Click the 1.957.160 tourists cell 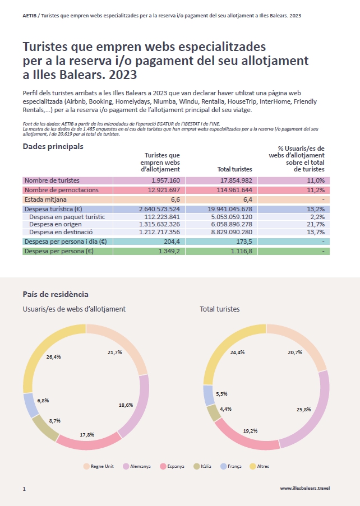tap(149, 180)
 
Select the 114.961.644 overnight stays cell tap(221, 190)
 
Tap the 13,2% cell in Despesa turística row tap(294, 209)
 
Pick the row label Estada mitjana tap(45, 199)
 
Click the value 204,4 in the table tap(172, 242)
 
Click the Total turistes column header tap(235, 169)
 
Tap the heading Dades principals tap(53, 146)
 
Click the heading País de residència tap(56, 294)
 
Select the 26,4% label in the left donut tap(54, 356)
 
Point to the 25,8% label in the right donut tap(303, 410)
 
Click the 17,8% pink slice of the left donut tap(88, 443)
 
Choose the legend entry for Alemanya tap(137, 466)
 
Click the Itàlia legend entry tap(202, 466)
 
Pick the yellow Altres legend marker tap(253, 466)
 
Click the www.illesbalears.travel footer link tap(305, 488)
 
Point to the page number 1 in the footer tap(24, 489)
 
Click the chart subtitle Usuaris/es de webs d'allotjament tap(74, 309)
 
